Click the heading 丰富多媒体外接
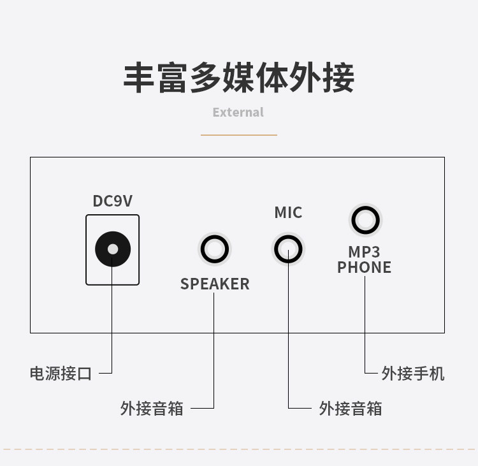click(x=238, y=77)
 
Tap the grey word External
click(x=238, y=112)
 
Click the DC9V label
click(x=113, y=201)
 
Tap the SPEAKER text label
click(x=215, y=284)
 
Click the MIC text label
click(x=288, y=212)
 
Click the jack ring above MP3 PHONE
click(x=365, y=221)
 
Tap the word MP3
click(x=364, y=252)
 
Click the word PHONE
click(x=364, y=268)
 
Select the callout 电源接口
click(x=61, y=374)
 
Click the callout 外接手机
click(x=413, y=374)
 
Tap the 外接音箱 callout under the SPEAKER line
click(x=152, y=408)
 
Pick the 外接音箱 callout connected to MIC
click(x=351, y=408)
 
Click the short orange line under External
click(x=238, y=135)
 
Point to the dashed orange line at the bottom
click(x=238, y=449)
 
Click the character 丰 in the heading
click(x=140, y=77)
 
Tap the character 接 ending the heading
click(x=338, y=77)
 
